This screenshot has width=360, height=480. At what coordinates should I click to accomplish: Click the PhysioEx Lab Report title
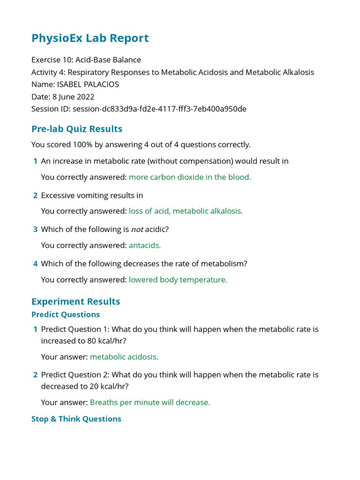[90, 38]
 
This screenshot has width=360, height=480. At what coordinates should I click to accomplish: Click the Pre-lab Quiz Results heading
[77, 129]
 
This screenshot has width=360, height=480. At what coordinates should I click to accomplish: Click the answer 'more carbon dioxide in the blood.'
[190, 177]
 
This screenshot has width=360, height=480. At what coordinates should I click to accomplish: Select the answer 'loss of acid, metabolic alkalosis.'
[186, 211]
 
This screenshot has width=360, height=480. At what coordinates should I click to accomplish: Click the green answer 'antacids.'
[145, 245]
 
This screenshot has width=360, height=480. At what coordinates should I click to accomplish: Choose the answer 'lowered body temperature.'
[178, 279]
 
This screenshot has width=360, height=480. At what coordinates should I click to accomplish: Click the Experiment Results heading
[75, 301]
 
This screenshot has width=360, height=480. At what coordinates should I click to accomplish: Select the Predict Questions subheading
[66, 315]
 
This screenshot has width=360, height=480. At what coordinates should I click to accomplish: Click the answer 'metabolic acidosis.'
[124, 357]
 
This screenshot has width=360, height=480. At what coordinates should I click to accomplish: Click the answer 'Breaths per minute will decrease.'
[150, 402]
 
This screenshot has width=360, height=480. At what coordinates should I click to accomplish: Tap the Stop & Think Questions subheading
[76, 419]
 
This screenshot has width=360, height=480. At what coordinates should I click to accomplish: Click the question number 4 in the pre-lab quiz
[35, 264]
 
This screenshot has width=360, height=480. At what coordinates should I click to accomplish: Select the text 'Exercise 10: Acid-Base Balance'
[86, 60]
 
